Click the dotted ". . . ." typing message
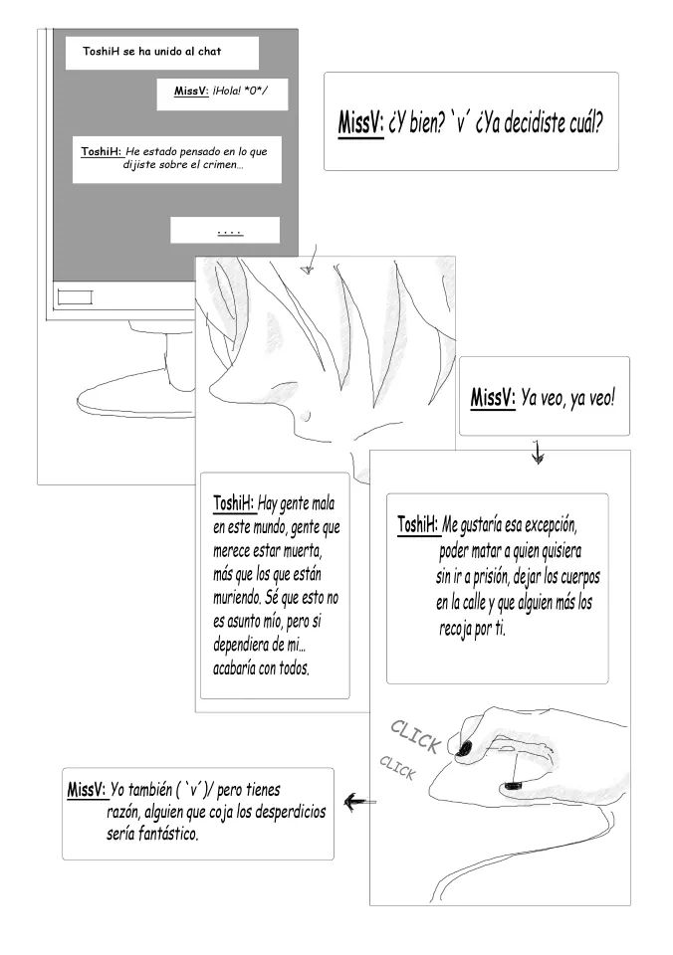click(229, 231)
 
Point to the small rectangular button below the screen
click(75, 295)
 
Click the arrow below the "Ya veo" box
click(538, 454)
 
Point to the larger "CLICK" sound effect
click(416, 736)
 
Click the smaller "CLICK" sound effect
click(397, 767)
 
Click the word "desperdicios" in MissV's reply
click(279, 812)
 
